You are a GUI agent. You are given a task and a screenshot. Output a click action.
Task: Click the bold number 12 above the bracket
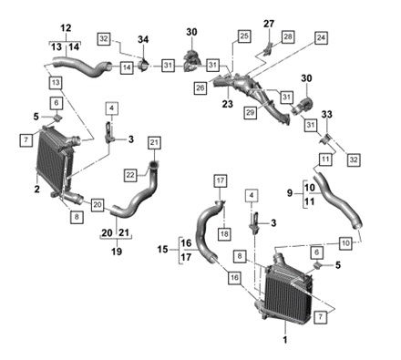click(x=66, y=28)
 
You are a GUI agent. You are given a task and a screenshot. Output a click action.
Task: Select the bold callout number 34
click(x=143, y=39)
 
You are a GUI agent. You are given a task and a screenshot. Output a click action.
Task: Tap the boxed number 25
click(x=244, y=36)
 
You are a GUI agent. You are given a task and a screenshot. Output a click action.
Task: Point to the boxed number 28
click(x=288, y=36)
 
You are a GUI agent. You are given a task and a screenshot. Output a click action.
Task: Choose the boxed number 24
click(x=321, y=37)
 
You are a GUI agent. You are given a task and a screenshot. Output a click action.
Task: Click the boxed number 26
click(x=200, y=88)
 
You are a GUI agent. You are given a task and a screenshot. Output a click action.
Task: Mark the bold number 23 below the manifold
click(x=227, y=104)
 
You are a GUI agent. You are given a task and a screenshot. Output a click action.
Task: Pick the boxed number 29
click(x=250, y=112)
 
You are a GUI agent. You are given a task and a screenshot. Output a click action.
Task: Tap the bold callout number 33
click(x=327, y=114)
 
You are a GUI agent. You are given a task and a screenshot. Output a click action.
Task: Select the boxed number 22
click(x=130, y=175)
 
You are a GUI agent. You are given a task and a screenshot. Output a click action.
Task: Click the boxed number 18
click(x=224, y=234)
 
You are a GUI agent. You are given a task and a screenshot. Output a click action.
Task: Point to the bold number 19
click(x=117, y=252)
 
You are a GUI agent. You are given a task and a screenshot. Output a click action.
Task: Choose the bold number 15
click(x=162, y=250)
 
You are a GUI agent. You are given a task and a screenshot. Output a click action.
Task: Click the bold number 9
click(x=290, y=192)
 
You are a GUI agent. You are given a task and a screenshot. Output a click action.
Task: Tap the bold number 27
click(x=269, y=24)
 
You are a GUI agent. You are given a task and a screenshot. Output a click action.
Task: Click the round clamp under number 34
click(x=143, y=66)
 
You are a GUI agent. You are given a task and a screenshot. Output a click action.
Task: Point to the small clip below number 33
click(x=325, y=139)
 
